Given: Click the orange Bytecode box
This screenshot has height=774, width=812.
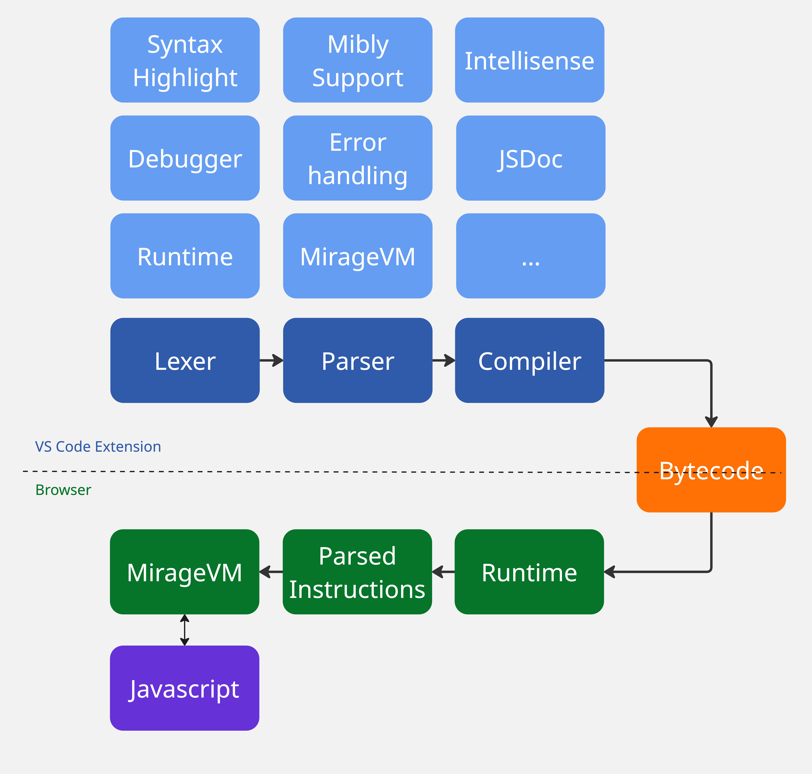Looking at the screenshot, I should pyautogui.click(x=711, y=470).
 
